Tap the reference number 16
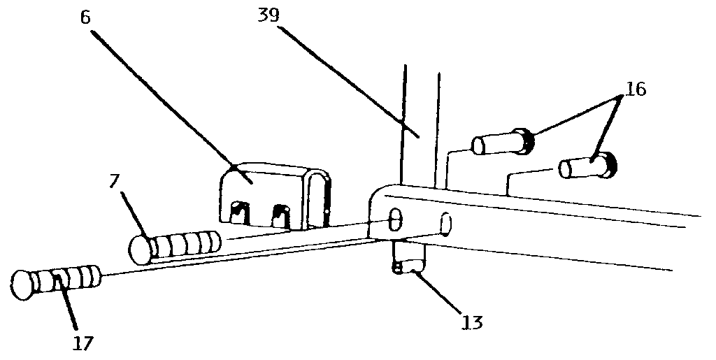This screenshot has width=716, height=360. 636,89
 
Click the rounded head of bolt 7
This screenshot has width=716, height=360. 141,250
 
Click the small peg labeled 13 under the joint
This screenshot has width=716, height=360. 407,257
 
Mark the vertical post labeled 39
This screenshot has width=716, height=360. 420,126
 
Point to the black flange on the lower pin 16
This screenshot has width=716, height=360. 610,163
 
